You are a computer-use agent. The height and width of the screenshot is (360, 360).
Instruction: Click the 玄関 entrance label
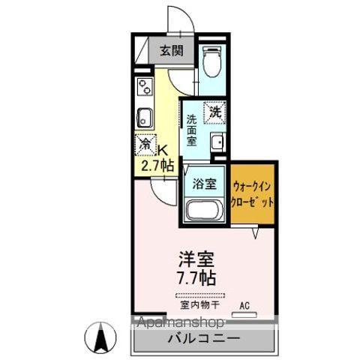tap(170, 51)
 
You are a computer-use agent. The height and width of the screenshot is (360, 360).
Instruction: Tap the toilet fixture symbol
tap(212, 61)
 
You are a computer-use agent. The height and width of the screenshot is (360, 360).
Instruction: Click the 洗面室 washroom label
tap(192, 129)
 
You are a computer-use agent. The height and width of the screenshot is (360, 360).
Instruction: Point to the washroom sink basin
tap(217, 141)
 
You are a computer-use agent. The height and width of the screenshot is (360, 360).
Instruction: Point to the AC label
tap(244, 304)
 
